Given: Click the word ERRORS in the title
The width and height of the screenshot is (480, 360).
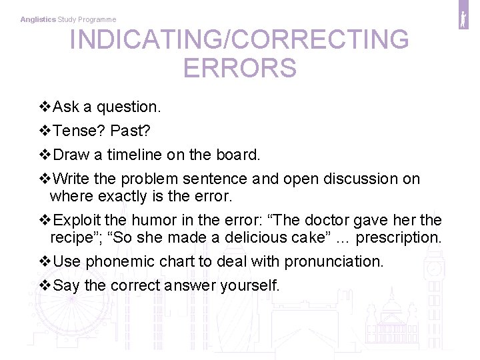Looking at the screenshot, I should tap(239, 68).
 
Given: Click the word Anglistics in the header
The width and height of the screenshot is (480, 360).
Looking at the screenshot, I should tap(38, 20).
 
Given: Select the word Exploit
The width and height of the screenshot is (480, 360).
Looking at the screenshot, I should tap(77, 220).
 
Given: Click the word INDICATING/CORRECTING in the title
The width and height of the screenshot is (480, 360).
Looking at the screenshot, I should tap(239, 40).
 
